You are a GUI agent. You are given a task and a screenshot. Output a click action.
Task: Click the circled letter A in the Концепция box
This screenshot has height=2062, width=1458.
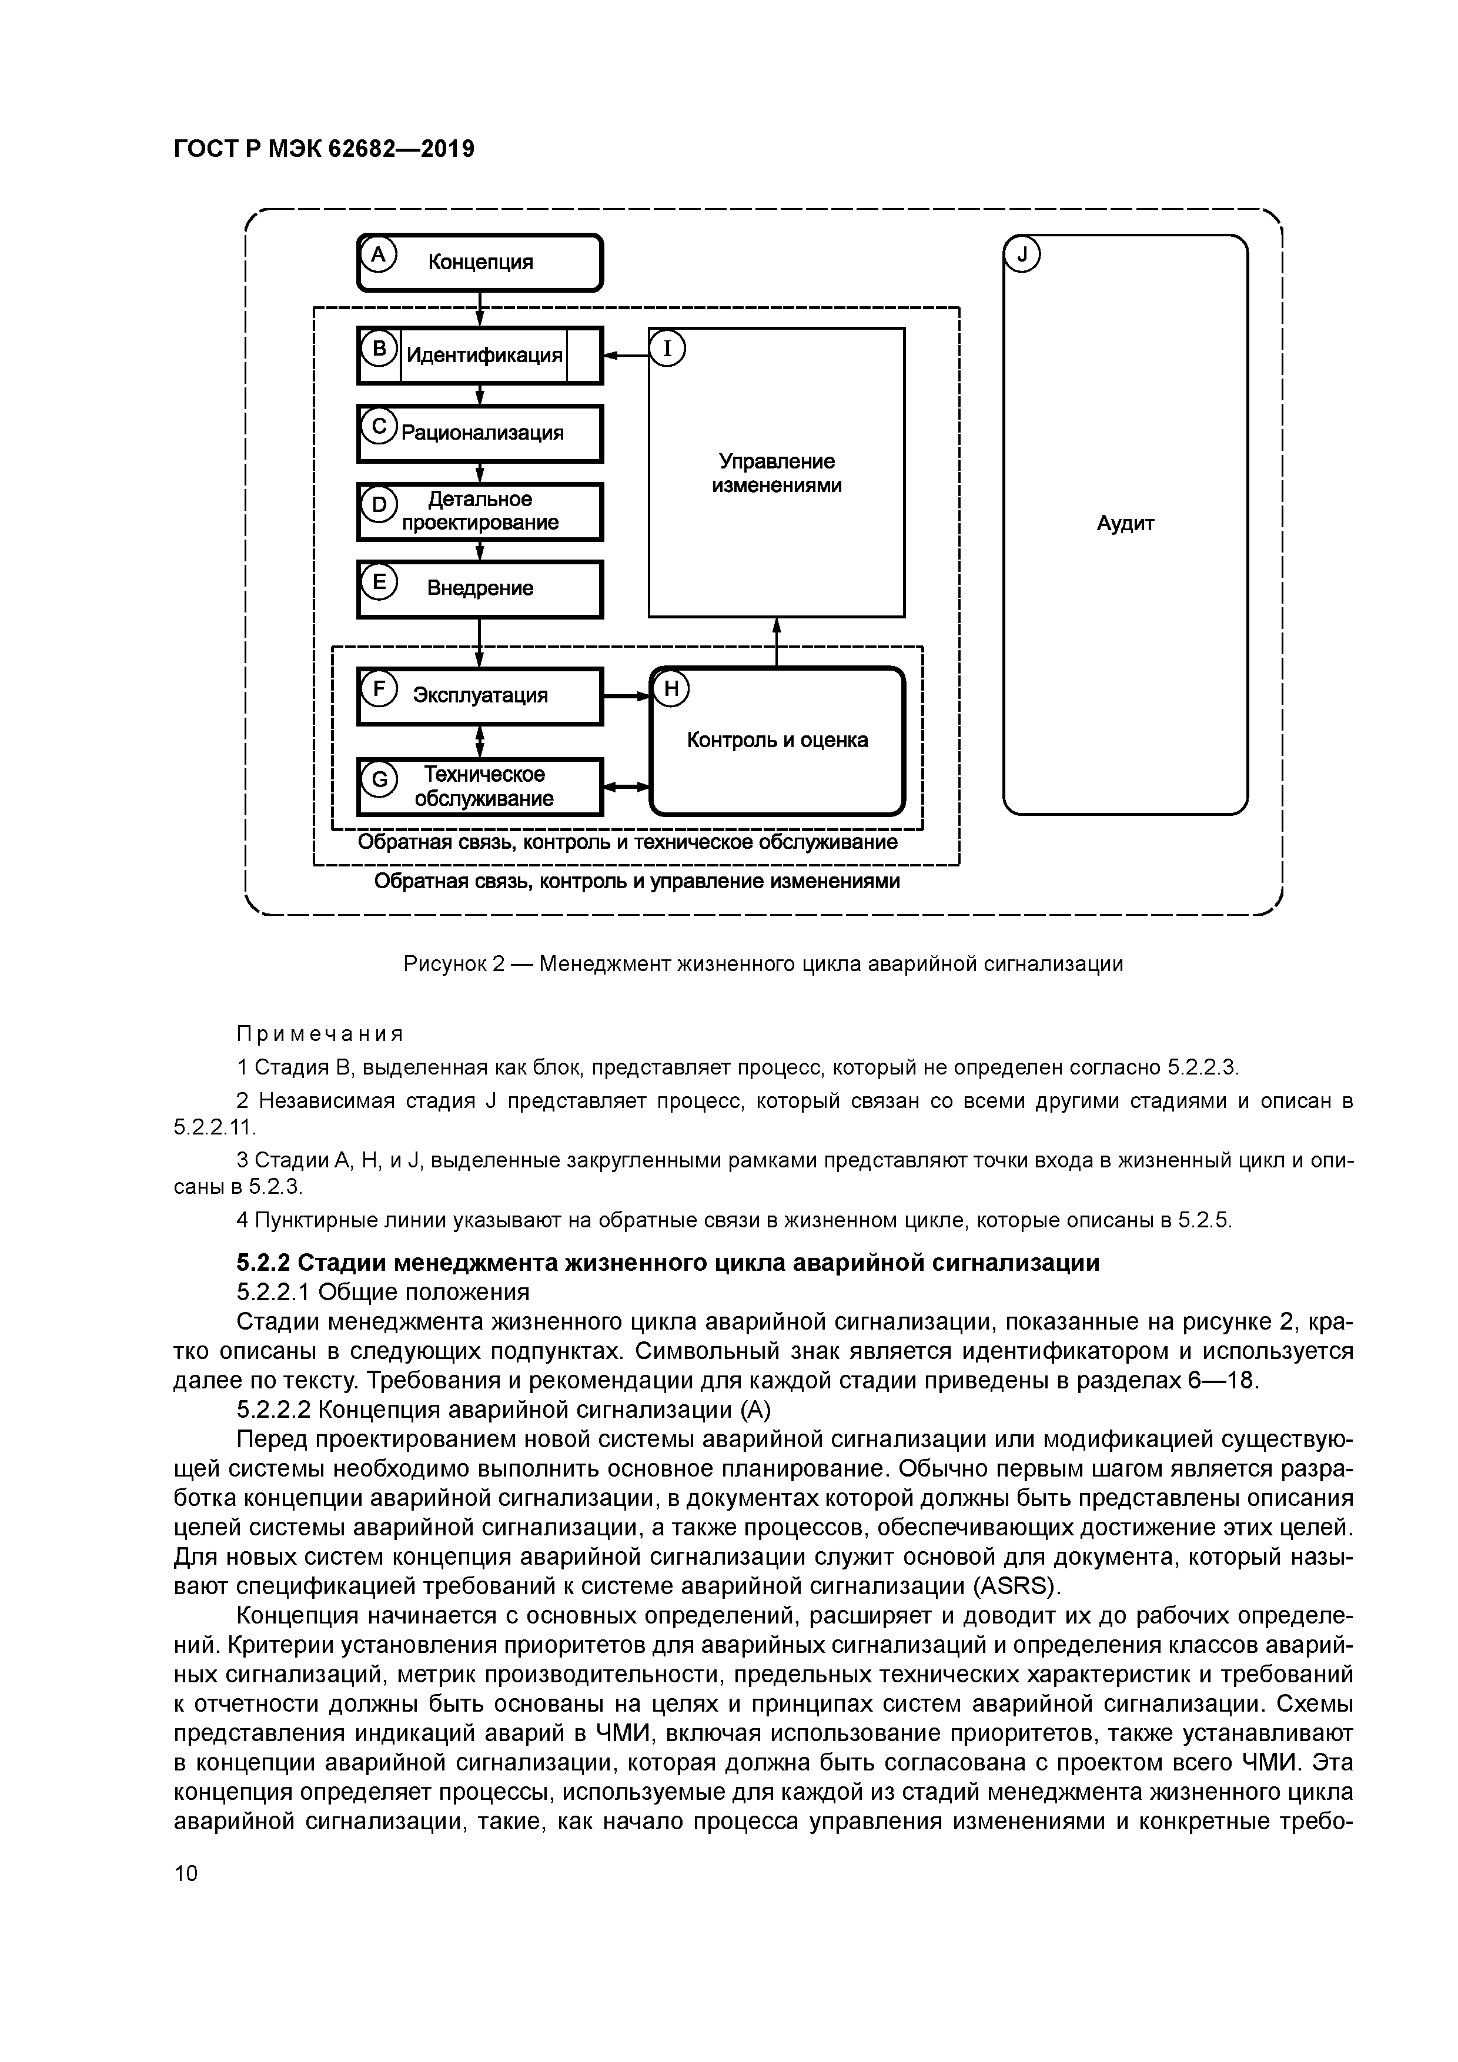[378, 256]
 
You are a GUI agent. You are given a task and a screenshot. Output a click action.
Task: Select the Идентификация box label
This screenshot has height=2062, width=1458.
[484, 356]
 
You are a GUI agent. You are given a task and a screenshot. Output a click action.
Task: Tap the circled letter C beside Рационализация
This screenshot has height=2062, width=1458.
[378, 427]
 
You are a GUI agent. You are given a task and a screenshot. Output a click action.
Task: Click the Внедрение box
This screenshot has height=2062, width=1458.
[480, 589]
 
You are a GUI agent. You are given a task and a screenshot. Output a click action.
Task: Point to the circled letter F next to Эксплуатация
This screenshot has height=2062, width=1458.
[378, 689]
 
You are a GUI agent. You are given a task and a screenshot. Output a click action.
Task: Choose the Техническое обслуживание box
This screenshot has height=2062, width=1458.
[480, 786]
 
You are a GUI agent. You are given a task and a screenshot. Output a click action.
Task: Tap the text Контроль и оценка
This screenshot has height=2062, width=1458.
[777, 740]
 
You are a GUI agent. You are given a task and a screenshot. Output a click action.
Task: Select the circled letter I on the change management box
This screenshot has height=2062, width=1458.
[667, 349]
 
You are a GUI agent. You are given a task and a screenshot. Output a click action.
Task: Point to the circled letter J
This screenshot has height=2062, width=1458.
[1021, 256]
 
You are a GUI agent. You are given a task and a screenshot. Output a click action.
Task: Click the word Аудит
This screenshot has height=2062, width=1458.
[1125, 524]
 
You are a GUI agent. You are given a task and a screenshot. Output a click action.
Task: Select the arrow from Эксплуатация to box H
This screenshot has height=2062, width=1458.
[626, 696]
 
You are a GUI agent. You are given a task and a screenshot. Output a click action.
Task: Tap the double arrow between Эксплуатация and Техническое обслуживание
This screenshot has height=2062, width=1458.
[480, 742]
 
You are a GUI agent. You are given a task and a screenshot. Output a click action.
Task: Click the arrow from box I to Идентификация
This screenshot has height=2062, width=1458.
[626, 356]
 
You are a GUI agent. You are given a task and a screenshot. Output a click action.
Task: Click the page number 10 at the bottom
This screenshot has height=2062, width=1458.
[186, 1874]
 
